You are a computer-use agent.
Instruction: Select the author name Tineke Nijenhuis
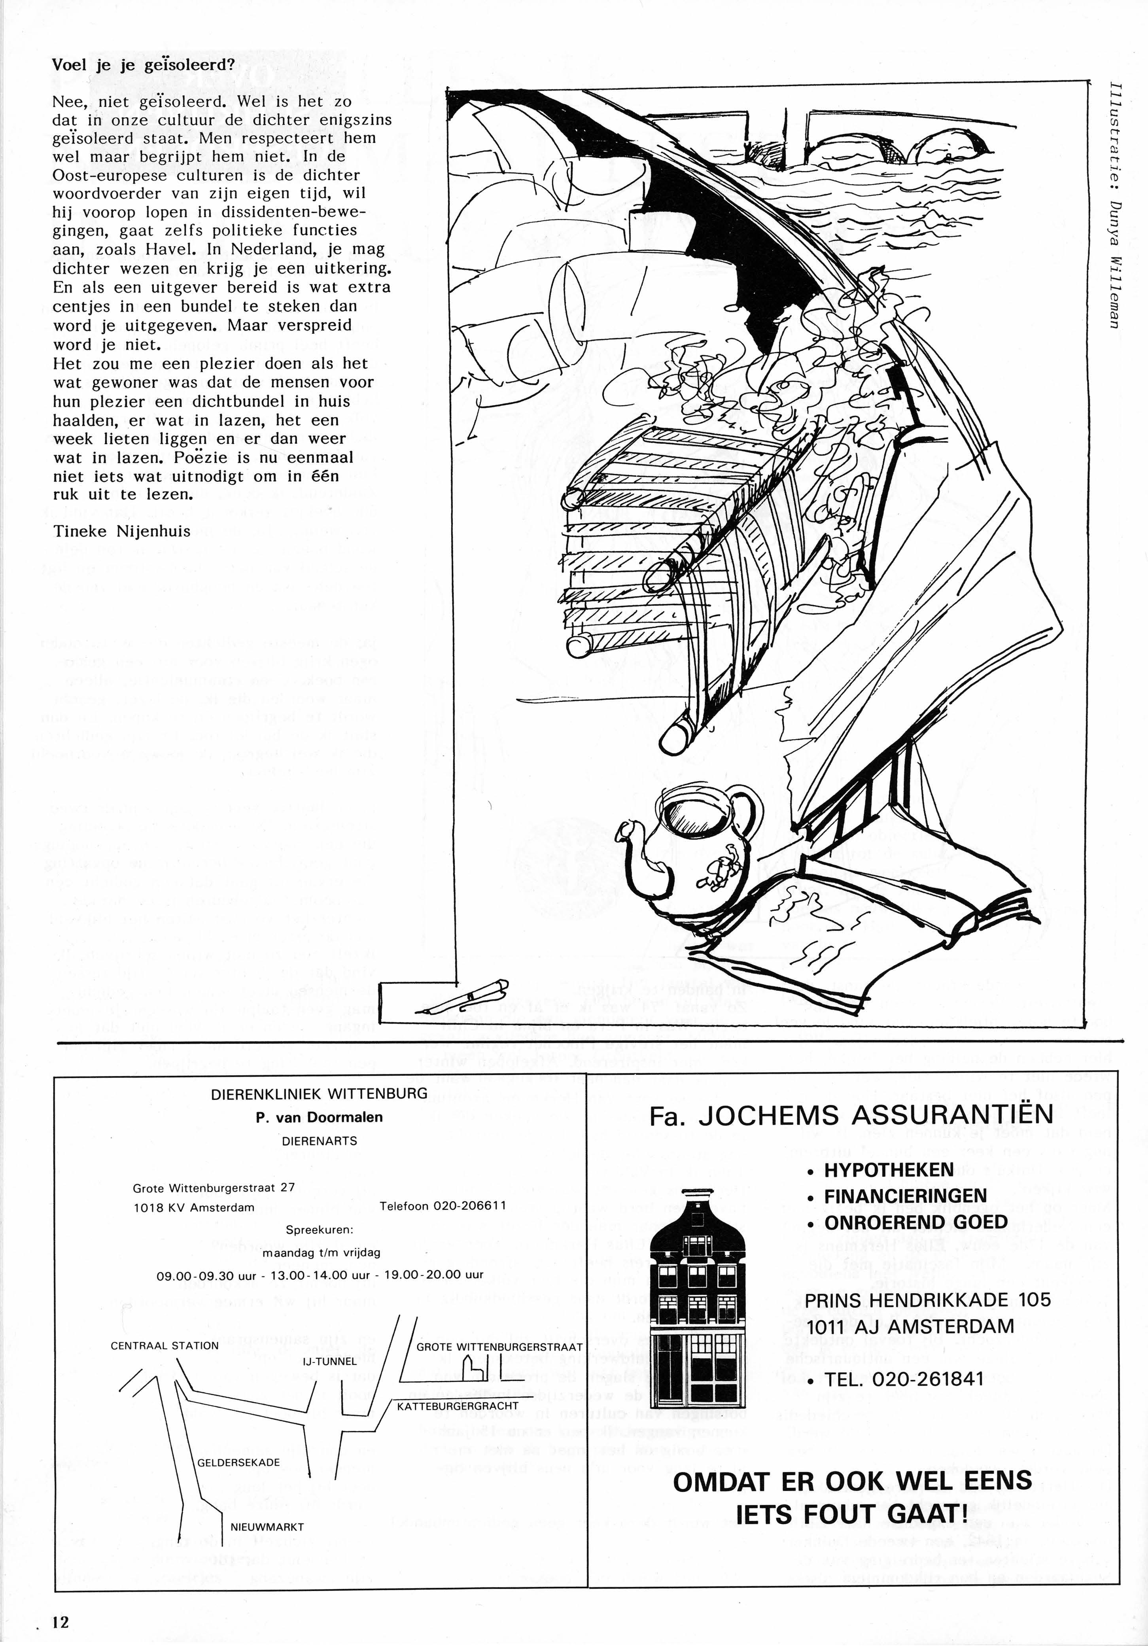(x=122, y=531)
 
